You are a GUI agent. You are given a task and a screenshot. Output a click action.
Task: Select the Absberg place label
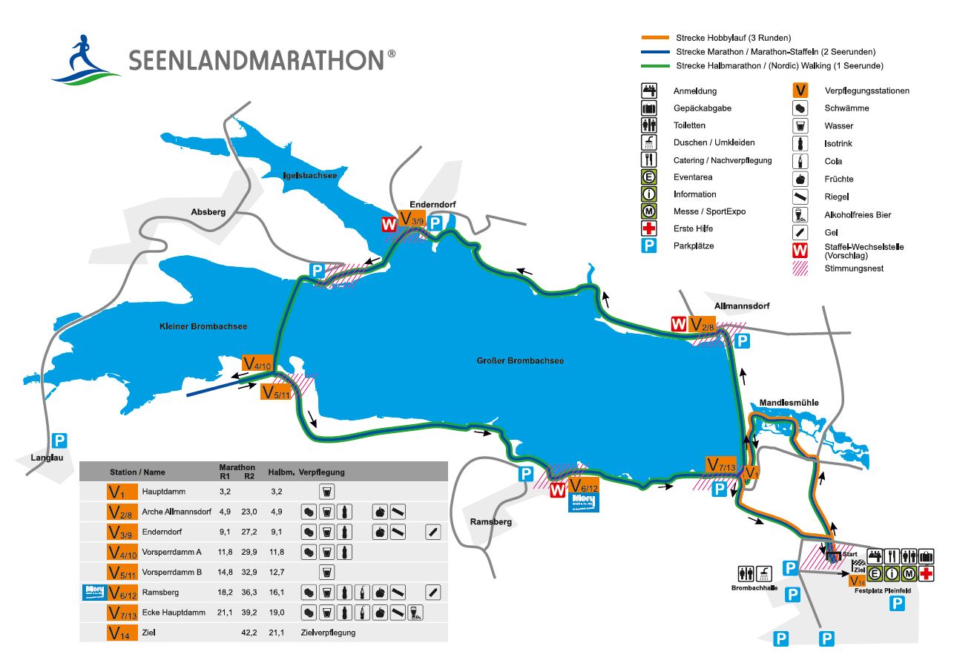pos(208,211)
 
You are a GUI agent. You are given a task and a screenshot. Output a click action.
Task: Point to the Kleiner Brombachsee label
pos(203,326)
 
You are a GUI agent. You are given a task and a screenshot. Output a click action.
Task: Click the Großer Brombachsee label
pos(519,361)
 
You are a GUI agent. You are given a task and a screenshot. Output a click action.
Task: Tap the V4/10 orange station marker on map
pos(258,363)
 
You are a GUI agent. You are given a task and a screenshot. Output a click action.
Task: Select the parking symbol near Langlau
pos(60,440)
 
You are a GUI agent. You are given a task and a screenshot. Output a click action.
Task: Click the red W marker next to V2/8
pos(678,324)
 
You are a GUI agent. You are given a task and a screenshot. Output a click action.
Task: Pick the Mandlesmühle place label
pos(789,403)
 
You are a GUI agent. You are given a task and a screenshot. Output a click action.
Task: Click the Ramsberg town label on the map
pos(490,521)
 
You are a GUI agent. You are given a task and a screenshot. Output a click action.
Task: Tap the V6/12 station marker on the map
pos(583,487)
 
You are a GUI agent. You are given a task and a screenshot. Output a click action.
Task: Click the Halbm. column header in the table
pos(282,472)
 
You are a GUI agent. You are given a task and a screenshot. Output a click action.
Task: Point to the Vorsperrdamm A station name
pos(172,553)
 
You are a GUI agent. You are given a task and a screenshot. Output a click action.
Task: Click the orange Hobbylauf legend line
pos(656,38)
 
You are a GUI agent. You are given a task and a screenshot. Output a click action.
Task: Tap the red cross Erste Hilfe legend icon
pos(650,228)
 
